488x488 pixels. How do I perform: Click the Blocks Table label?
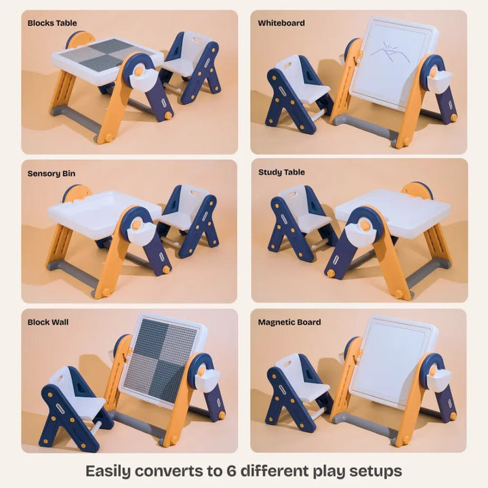tap(52, 22)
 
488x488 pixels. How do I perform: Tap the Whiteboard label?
tap(281, 23)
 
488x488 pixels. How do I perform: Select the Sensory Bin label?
tap(52, 174)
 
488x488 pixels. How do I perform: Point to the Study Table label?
tap(282, 172)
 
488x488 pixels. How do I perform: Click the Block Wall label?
tap(48, 323)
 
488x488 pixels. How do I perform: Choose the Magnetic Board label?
tap(289, 322)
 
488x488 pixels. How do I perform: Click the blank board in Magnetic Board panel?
tap(392, 359)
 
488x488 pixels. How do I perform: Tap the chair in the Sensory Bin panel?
tap(190, 217)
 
